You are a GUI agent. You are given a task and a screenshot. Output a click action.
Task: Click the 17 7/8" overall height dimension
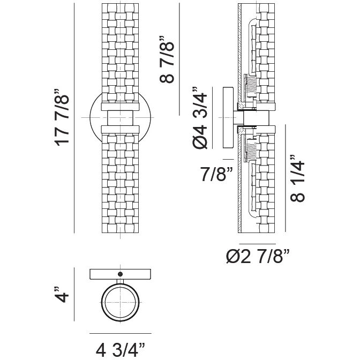(x=62, y=117)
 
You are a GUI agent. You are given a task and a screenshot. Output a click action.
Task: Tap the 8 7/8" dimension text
(x=167, y=59)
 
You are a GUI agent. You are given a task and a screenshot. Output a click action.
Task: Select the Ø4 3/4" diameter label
(x=200, y=118)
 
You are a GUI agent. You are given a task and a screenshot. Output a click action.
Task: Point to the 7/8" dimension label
(x=216, y=174)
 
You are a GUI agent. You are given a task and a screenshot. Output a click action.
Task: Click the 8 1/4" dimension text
(x=297, y=178)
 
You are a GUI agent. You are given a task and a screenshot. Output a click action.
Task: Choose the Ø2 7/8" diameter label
(x=258, y=256)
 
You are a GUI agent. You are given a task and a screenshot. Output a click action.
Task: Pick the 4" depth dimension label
(x=62, y=294)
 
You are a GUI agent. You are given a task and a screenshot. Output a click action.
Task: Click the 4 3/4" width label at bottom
(x=121, y=350)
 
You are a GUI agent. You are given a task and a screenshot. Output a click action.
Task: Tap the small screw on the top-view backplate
(x=120, y=274)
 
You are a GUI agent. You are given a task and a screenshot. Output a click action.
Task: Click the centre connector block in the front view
(x=121, y=118)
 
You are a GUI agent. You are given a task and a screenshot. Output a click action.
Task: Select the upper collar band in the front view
(x=121, y=107)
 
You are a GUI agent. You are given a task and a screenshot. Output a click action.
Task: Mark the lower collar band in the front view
(x=121, y=129)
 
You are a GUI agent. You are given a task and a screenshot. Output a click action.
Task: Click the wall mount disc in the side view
(x=228, y=117)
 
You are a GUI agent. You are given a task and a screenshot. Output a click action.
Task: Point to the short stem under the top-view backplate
(x=120, y=282)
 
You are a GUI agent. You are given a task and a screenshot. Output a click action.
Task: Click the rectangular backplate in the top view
(x=121, y=274)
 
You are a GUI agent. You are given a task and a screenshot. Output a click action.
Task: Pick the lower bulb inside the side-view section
(x=253, y=189)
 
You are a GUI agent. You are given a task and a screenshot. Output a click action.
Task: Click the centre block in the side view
(x=256, y=118)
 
